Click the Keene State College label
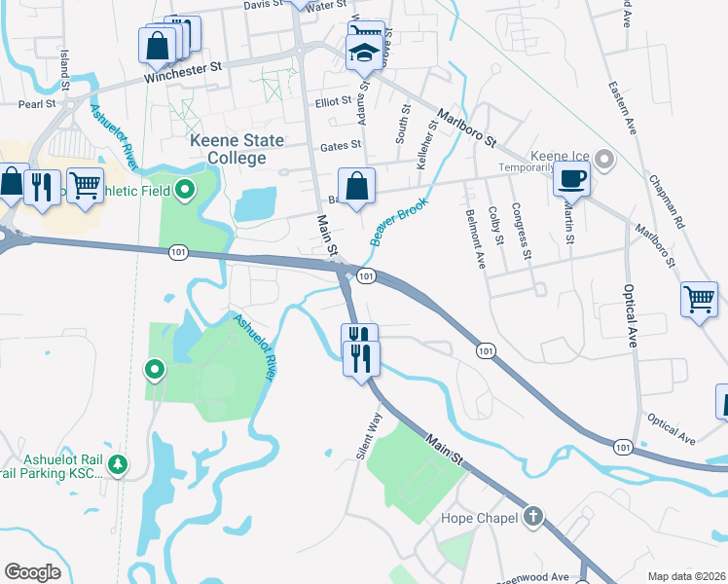pos(237,149)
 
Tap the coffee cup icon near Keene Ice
pos(572,179)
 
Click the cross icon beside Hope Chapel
pos(532,517)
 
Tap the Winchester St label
pos(184,73)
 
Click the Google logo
pos(32,571)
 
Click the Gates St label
pos(341,145)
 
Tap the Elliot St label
pos(332,101)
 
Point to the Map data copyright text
pos(687,576)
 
